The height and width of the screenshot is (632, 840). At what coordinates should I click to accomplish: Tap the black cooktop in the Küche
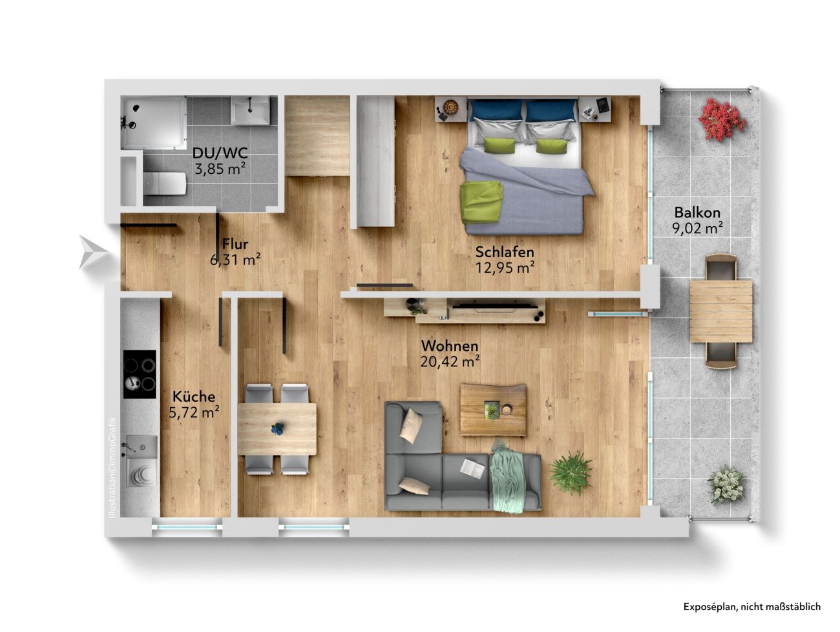[x=140, y=374]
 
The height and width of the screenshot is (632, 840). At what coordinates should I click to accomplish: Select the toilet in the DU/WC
[x=165, y=184]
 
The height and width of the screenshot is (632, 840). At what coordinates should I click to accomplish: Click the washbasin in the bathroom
[x=250, y=110]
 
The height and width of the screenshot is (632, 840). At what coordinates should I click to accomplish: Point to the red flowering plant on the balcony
[x=722, y=120]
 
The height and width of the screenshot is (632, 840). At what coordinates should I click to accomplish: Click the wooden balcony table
[x=721, y=311]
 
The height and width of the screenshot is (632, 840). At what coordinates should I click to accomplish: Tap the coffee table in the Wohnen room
[x=493, y=410]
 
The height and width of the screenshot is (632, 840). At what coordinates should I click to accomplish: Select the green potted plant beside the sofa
[x=570, y=473]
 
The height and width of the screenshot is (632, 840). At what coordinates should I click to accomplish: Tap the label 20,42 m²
[x=450, y=361]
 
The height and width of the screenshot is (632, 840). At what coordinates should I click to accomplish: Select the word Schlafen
[x=505, y=252]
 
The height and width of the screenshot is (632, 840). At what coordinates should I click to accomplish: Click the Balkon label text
[x=697, y=212]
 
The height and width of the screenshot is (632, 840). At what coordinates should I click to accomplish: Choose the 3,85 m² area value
[x=220, y=168]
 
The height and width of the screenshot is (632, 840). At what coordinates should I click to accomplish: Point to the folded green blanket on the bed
[x=482, y=202]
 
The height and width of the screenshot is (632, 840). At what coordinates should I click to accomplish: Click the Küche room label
[x=194, y=396]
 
